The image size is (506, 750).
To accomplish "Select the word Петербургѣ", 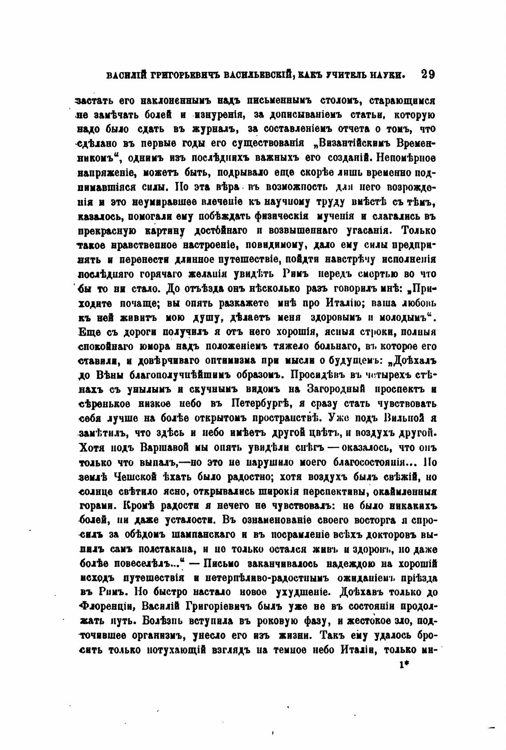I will [x=261, y=404].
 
